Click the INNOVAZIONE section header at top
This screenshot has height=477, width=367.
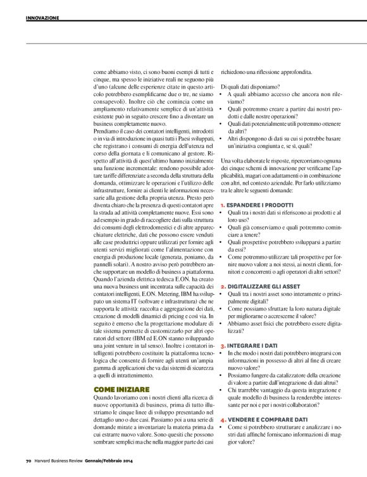[42, 18]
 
